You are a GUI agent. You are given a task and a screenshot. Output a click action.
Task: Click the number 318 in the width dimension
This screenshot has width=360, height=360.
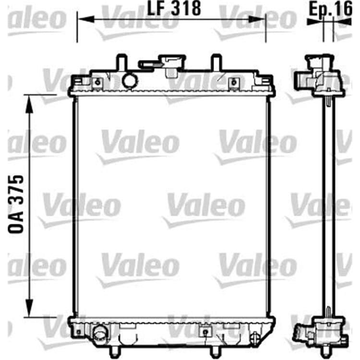click(186, 9)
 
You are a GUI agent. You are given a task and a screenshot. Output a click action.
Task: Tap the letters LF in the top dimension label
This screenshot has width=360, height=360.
click(156, 9)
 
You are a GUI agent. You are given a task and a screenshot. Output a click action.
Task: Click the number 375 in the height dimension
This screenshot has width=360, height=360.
click(16, 190)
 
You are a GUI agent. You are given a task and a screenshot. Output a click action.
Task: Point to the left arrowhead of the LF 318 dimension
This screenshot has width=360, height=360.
click(86, 19)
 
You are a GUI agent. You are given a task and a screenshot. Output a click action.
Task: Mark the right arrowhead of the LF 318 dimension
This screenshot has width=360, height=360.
click(257, 19)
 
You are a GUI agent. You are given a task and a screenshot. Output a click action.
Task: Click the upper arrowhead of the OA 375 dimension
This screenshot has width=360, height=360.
click(29, 104)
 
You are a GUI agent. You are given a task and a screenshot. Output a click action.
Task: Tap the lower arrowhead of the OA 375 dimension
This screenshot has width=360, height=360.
click(29, 308)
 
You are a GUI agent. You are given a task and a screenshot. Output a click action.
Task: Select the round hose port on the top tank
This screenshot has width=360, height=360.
click(130, 81)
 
